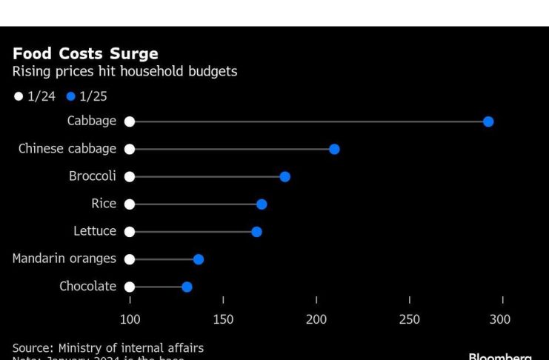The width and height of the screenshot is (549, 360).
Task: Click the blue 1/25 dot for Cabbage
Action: tap(488, 121)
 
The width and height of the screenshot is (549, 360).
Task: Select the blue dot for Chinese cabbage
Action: tap(334, 149)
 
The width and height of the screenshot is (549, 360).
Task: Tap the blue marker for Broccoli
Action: tap(285, 176)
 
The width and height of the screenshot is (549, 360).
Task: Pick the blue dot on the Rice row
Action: tap(262, 204)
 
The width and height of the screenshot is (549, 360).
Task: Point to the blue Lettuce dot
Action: tap(256, 232)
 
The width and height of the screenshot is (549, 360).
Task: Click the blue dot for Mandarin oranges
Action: tap(199, 259)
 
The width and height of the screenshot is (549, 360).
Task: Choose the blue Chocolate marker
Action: tap(187, 287)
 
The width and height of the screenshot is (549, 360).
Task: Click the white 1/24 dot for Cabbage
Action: tap(130, 121)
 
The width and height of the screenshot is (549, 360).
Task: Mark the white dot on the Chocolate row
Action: tap(130, 287)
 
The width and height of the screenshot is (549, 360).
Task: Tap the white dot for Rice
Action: tap(130, 204)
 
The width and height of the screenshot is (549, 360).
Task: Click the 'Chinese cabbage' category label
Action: tap(67, 149)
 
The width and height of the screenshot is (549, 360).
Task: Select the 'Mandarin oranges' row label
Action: tap(64, 259)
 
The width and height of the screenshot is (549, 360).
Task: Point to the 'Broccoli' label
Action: tap(93, 176)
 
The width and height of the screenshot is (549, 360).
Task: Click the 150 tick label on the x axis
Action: tap(223, 319)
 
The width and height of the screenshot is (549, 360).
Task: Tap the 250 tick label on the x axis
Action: tap(409, 319)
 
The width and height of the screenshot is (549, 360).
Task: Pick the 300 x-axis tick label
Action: tap(501, 319)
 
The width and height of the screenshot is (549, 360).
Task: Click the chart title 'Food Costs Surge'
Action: tap(85, 54)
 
